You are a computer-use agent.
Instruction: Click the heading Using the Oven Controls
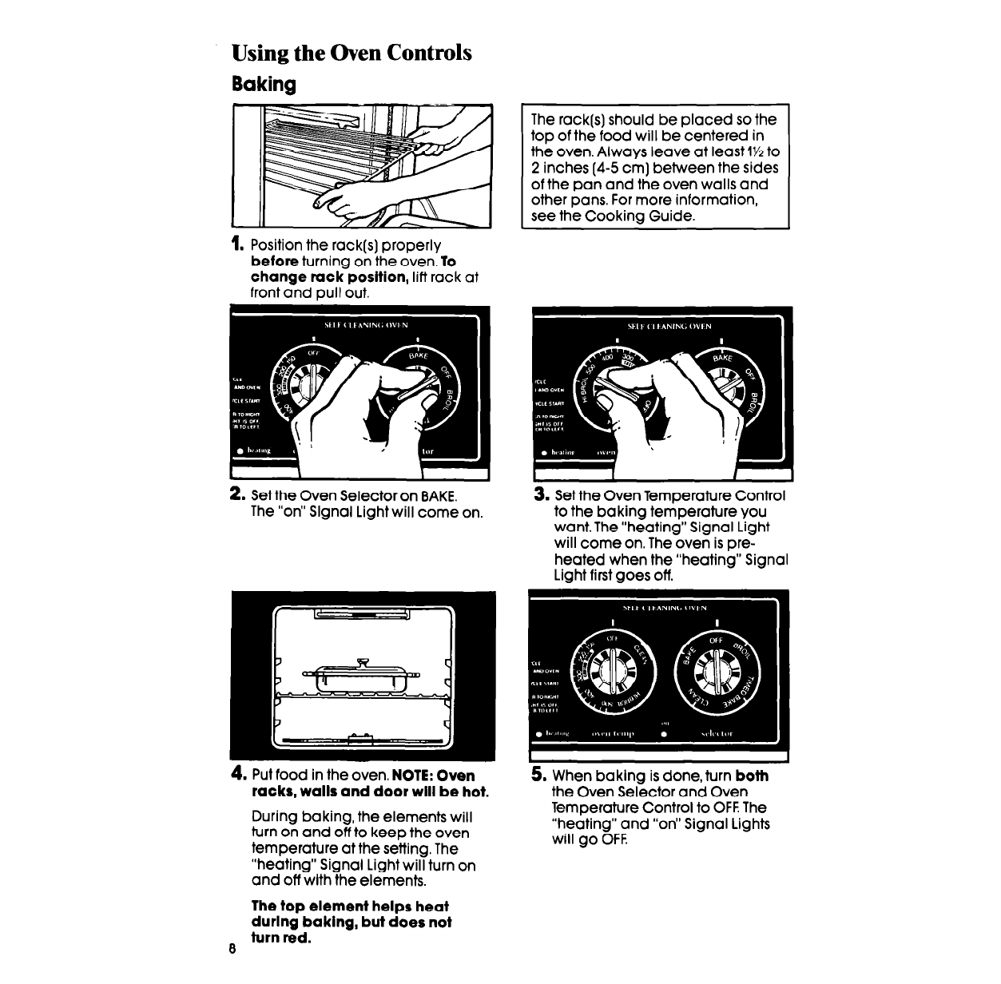coord(352,54)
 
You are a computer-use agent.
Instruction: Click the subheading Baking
coord(264,84)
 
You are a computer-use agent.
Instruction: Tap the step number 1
coord(236,244)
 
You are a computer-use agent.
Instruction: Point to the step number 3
coord(540,496)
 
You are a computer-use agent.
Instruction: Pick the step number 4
coord(237,776)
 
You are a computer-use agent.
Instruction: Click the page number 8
coord(231,950)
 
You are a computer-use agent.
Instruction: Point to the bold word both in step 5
coord(752,776)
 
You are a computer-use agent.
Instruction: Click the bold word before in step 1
coord(275,261)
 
